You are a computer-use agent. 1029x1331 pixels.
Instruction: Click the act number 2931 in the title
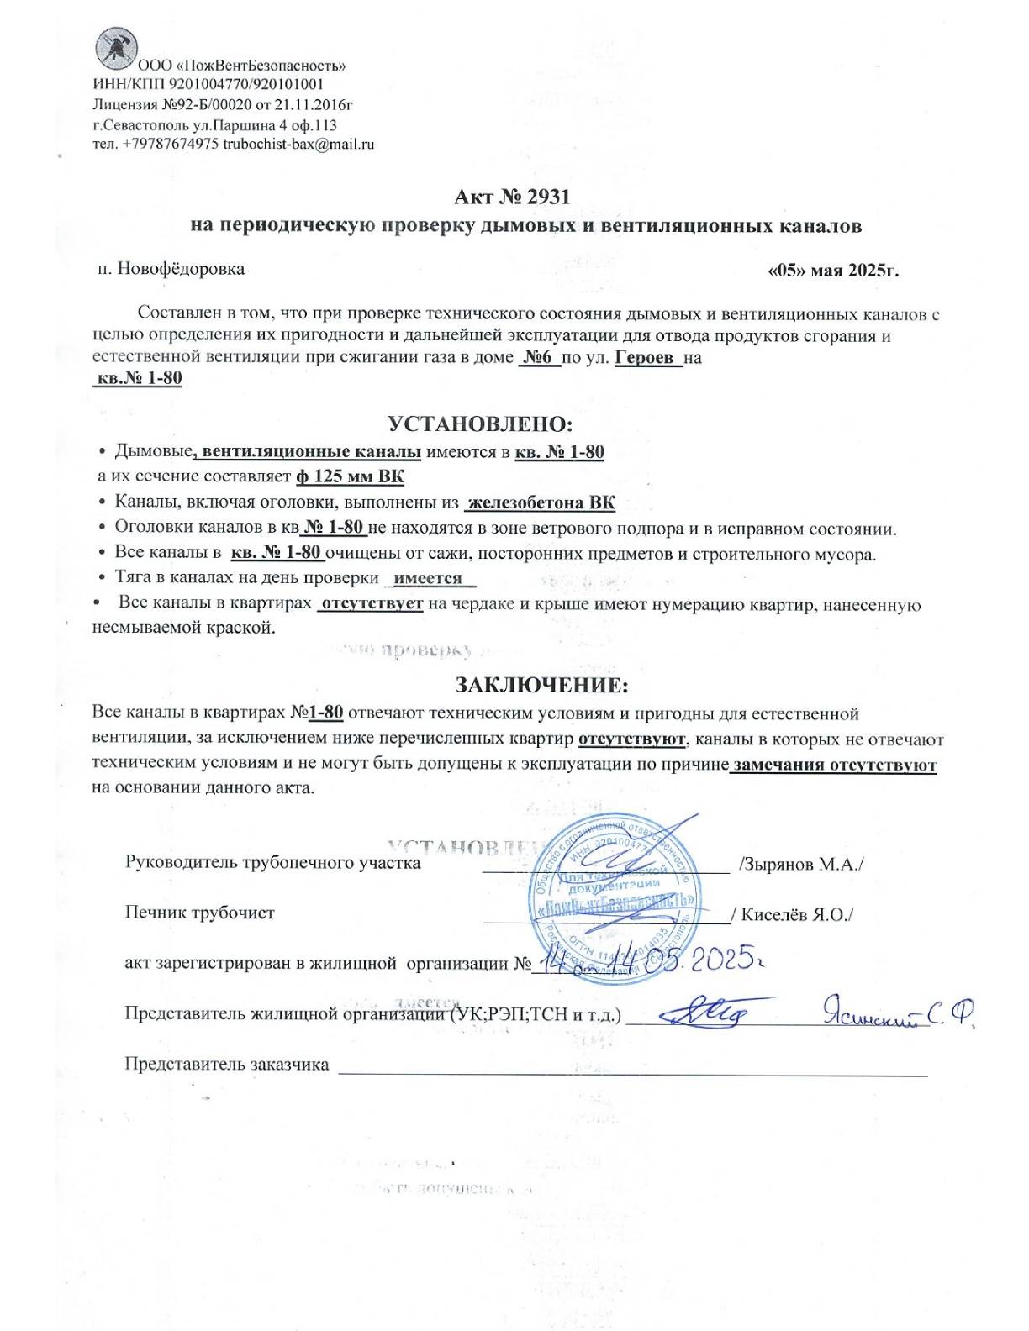548,197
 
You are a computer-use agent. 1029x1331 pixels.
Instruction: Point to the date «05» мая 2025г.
833,271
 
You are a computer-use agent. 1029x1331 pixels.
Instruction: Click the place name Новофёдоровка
181,269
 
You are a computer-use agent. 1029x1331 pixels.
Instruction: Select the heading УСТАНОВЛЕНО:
479,423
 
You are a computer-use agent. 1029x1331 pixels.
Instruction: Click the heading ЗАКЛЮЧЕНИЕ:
541,685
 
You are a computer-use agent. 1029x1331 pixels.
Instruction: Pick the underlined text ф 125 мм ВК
350,476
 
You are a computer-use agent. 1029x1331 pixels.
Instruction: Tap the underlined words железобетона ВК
541,503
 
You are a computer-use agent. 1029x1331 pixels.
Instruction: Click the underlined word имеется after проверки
429,578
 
